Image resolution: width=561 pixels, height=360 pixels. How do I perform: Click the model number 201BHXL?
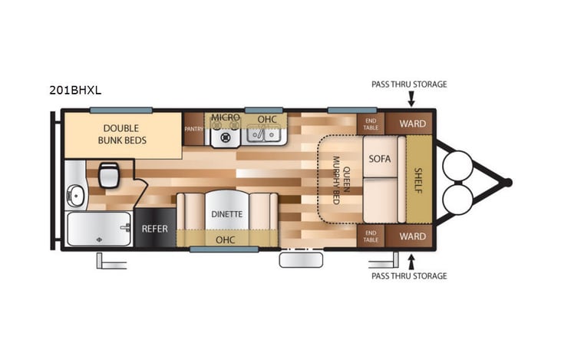(x=75, y=90)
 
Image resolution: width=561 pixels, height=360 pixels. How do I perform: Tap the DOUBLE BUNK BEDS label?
(x=121, y=134)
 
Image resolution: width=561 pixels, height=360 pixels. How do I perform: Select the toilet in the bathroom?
(x=108, y=175)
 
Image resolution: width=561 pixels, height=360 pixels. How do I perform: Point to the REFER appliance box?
(x=154, y=229)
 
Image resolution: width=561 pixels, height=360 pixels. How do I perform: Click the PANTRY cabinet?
(x=193, y=129)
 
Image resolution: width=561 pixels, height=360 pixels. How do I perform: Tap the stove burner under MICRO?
(x=226, y=138)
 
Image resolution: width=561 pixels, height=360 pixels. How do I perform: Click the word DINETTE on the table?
(x=227, y=214)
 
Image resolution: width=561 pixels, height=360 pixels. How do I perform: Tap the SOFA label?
(x=380, y=159)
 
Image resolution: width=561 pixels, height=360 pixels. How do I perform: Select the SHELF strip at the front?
(x=419, y=180)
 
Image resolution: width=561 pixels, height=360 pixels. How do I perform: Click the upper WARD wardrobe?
(x=412, y=124)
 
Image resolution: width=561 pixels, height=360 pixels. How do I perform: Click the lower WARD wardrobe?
(x=412, y=236)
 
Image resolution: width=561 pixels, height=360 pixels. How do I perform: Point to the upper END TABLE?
(x=371, y=124)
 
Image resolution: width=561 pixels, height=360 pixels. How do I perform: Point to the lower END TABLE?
(x=371, y=236)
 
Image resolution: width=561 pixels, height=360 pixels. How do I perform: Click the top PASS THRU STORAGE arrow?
(x=411, y=99)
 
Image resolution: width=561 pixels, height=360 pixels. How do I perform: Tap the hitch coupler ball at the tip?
(x=507, y=182)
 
